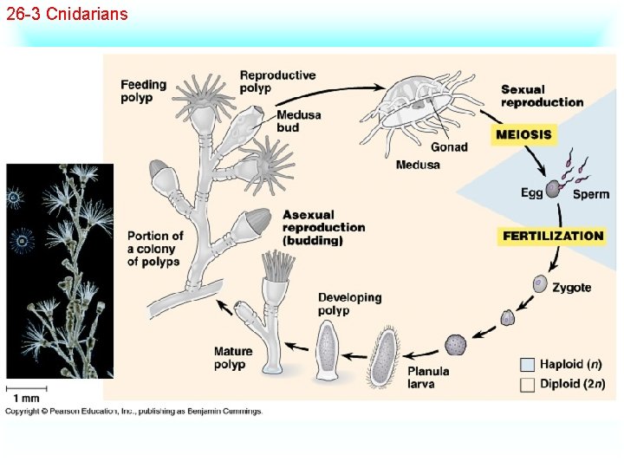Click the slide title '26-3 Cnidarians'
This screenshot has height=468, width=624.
pyautogui.click(x=67, y=14)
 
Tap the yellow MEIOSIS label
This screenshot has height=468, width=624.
pyautogui.click(x=523, y=135)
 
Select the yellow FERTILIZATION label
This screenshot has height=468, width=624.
pyautogui.click(x=552, y=236)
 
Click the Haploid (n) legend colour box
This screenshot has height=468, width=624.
pyautogui.click(x=527, y=365)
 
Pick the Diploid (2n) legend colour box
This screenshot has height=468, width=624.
pyautogui.click(x=527, y=385)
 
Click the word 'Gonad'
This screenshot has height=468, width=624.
pyautogui.click(x=448, y=146)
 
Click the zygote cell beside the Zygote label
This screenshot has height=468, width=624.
pyautogui.click(x=539, y=283)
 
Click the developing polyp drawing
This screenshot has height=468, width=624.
pyautogui.click(x=330, y=350)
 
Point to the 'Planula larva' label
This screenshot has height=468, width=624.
pyautogui.click(x=428, y=377)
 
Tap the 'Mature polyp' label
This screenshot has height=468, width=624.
pyautogui.click(x=233, y=358)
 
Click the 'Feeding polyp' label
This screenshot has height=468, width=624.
pyautogui.click(x=143, y=91)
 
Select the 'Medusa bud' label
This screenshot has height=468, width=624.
pyautogui.click(x=299, y=121)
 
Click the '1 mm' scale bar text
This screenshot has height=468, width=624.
pyautogui.click(x=25, y=398)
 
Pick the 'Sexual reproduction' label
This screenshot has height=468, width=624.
pyautogui.click(x=542, y=95)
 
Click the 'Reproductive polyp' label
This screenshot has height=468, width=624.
pyautogui.click(x=277, y=81)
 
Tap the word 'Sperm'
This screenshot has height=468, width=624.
pyautogui.click(x=591, y=194)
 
